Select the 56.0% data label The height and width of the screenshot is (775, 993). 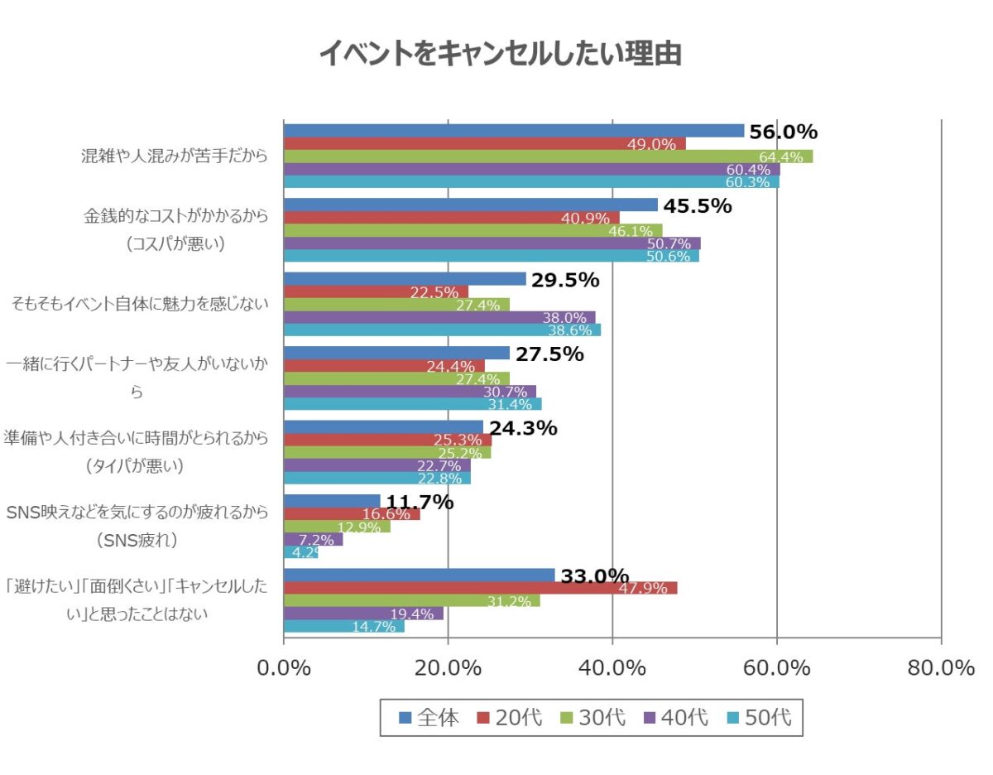tap(783, 132)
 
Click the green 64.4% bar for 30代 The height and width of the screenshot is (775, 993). tap(548, 156)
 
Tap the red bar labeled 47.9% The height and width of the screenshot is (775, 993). tap(480, 588)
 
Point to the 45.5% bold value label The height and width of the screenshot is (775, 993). tap(697, 206)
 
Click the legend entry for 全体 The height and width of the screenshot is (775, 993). tap(429, 718)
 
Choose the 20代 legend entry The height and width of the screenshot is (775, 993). tap(509, 718)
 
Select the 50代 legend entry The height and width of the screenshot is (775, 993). tap(759, 718)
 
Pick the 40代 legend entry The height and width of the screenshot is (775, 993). tap(675, 718)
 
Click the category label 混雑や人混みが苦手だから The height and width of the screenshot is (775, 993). tap(175, 156)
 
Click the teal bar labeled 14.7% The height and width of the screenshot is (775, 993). tap(343, 627)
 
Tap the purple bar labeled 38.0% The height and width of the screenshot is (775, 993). tap(439, 317)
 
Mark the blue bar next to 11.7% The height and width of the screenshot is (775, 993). tap(331, 501)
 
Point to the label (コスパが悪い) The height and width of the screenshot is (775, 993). tap(175, 244)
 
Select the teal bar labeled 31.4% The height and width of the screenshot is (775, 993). tap(412, 404)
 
